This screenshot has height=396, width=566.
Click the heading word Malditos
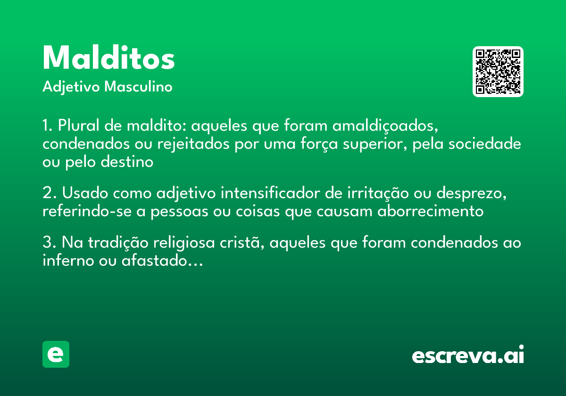pos(108,59)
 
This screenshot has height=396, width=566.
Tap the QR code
pos(498,72)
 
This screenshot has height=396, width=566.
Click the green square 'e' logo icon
pos(56,354)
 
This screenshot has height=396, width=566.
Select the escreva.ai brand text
pos(468,355)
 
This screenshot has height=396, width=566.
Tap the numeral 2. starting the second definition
pos(49,193)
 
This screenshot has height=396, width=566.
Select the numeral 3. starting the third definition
pos(49,243)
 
